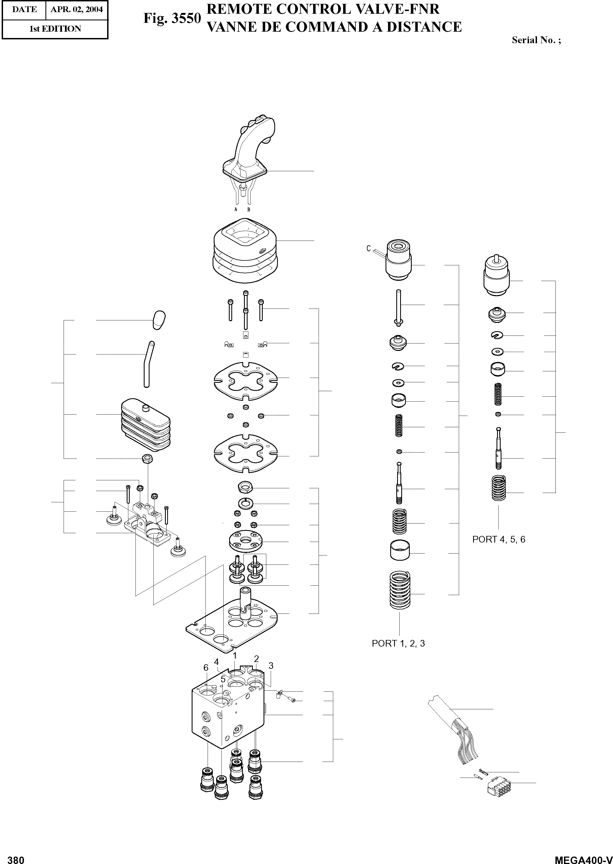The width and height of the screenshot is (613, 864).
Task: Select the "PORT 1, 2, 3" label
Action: [398, 643]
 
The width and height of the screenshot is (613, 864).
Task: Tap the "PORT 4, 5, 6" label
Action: [499, 539]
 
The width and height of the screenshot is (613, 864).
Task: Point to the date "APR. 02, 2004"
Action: [77, 9]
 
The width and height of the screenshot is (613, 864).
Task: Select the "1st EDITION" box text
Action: [55, 29]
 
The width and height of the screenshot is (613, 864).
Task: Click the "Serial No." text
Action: [536, 40]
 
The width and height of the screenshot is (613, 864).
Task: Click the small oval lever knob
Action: [159, 320]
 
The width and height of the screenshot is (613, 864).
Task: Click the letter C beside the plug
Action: [368, 248]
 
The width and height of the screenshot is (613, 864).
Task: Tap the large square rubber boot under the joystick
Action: [245, 251]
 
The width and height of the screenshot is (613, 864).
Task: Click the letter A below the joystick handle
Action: [236, 209]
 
